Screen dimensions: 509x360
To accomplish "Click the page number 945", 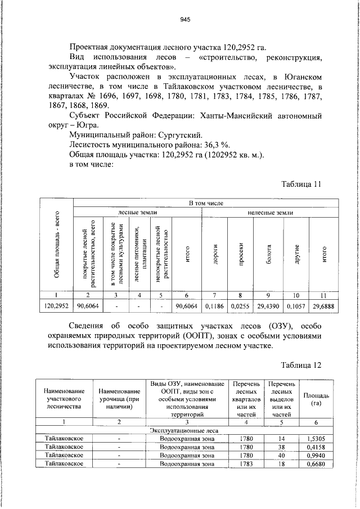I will click(185, 19).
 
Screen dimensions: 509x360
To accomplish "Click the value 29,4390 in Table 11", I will click(268, 305).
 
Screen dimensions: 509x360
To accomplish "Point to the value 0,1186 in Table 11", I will click(214, 305).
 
